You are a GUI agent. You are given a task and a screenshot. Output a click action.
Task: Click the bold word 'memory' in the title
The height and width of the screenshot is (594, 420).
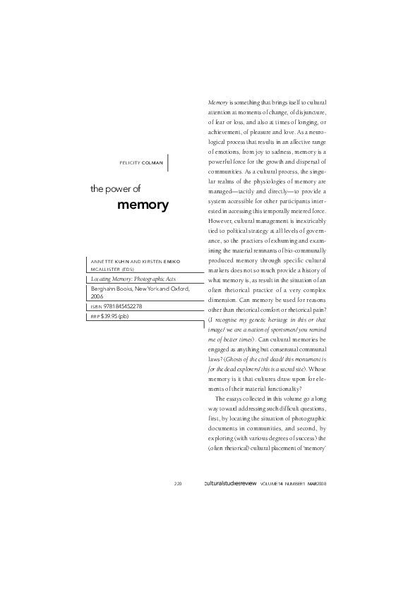tap(143, 205)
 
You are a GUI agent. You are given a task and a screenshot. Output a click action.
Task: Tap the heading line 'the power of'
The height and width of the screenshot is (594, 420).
tap(116, 189)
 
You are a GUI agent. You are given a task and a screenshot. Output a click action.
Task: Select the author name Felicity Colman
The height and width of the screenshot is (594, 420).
tap(143, 162)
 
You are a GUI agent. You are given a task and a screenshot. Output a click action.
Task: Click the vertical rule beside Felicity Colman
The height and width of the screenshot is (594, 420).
tap(169, 162)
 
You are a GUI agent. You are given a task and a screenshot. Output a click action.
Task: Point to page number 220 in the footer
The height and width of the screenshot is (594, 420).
tap(179, 484)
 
